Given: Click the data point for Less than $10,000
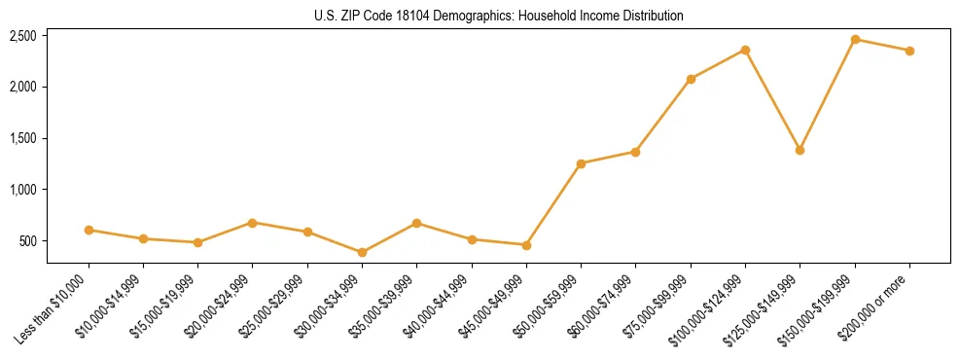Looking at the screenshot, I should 89,231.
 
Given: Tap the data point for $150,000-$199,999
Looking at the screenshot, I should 855,40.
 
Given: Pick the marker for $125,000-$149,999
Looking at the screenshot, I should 800,150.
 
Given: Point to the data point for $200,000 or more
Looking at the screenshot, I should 909,51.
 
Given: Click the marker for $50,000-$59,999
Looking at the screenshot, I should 581,163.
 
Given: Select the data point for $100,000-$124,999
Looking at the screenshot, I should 745,50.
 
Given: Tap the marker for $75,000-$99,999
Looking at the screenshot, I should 691,79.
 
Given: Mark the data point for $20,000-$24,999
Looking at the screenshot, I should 253,223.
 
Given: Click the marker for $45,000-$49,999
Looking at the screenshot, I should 526,245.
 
